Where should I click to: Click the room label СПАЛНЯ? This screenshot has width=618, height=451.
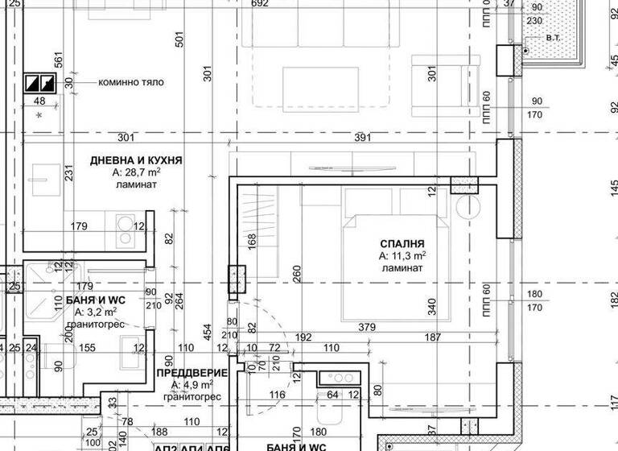click(x=402, y=243)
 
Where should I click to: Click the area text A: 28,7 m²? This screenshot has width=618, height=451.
click(x=135, y=172)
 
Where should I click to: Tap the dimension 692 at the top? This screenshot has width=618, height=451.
click(x=259, y=4)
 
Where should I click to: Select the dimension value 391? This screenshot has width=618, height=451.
click(x=364, y=137)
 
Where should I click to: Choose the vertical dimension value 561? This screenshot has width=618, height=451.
click(x=57, y=60)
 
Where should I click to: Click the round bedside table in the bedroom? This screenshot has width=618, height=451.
click(x=468, y=207)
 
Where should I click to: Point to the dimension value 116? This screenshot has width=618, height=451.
click(x=278, y=395)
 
